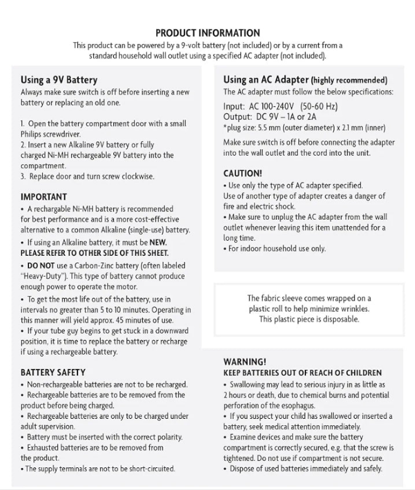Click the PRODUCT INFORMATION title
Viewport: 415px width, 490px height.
pos(207,33)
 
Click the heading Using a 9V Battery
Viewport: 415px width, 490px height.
pos(59,80)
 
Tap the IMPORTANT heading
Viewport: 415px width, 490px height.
pos(43,197)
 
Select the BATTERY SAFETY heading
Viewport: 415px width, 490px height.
pos(53,372)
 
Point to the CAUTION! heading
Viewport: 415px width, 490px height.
pos(242,173)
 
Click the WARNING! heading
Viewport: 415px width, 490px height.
pos(245,362)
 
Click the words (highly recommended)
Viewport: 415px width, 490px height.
pos(349,80)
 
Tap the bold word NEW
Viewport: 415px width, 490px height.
pos(159,242)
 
